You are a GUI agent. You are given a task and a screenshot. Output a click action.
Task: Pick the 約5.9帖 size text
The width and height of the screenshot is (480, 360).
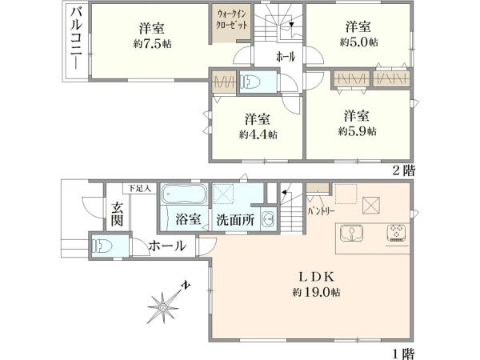click(x=357, y=130)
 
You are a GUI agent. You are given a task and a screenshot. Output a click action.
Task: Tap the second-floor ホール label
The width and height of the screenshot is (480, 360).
click(x=284, y=57)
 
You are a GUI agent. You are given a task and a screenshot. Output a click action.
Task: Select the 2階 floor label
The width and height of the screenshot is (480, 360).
click(x=402, y=170)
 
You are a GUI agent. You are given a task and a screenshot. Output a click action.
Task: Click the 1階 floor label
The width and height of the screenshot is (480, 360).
click(x=402, y=351)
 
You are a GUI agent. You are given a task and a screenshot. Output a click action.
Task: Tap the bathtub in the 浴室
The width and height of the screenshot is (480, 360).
click(x=184, y=196)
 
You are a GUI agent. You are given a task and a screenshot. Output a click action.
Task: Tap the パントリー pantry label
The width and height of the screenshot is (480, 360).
click(x=320, y=213)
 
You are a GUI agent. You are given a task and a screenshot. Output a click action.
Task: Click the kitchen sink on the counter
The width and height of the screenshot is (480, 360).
click(x=350, y=234)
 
